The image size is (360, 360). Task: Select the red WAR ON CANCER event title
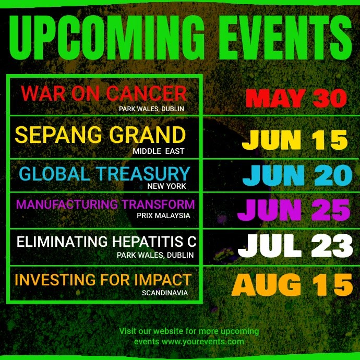pyautogui.click(x=104, y=94)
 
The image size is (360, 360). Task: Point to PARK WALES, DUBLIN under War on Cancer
pyautogui.click(x=151, y=109)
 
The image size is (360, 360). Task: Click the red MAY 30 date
pyautogui.click(x=296, y=98)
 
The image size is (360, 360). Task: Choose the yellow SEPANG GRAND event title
pyautogui.click(x=100, y=135)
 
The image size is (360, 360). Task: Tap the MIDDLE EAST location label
pyautogui.click(x=159, y=151)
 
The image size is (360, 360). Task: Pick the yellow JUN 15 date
pyautogui.click(x=295, y=140)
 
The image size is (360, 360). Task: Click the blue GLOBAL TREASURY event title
pyautogui.click(x=104, y=174)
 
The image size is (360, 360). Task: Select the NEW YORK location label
pyautogui.click(x=166, y=186)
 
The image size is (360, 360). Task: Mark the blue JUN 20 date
pyautogui.click(x=297, y=176)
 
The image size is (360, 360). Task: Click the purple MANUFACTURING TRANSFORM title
pyautogui.click(x=105, y=204)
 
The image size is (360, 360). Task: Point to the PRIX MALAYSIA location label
pyautogui.click(x=163, y=215)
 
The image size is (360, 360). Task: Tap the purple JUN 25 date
pyautogui.click(x=294, y=210)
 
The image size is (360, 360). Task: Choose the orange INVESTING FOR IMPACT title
pyautogui.click(x=103, y=280)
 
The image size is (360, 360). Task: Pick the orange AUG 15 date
pyautogui.click(x=292, y=285)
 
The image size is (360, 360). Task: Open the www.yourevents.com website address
pyautogui.click(x=202, y=342)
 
